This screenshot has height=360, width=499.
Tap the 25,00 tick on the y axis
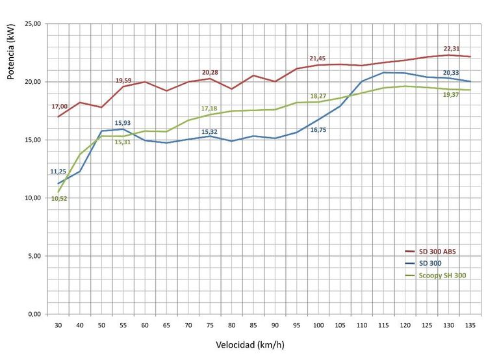(x=32, y=24)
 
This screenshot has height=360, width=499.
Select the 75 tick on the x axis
(x=210, y=325)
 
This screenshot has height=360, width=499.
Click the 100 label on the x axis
(x=318, y=325)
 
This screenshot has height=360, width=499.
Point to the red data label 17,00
(x=58, y=107)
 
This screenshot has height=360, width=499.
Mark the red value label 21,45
(x=318, y=58)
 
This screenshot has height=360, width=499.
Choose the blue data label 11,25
(x=58, y=172)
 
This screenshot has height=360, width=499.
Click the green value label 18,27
(x=318, y=96)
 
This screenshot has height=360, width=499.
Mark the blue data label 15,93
(x=123, y=123)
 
